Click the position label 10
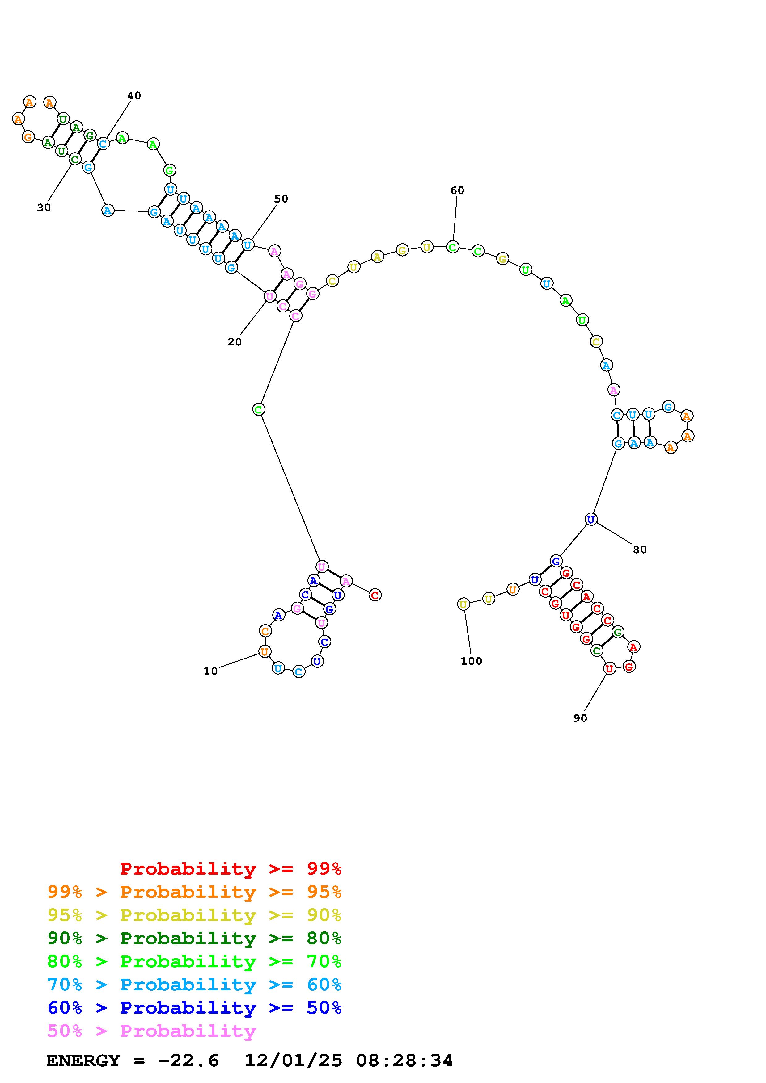point(210,671)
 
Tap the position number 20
point(235,341)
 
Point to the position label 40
point(134,95)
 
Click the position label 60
point(457,190)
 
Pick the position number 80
point(640,550)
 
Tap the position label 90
point(580,718)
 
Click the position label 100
point(471,661)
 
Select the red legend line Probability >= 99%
point(231,869)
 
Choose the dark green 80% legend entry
point(194,938)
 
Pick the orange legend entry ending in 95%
point(194,892)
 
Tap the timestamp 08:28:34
point(404,1061)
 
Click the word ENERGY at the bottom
point(83,1061)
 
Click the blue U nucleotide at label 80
point(591,519)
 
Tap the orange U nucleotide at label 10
point(265,651)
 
